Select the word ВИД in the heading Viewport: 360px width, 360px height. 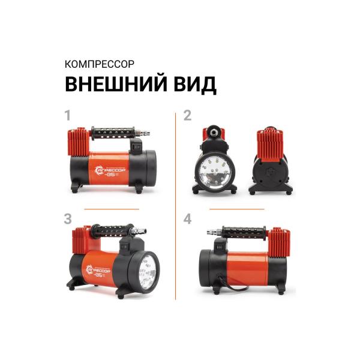click(193, 84)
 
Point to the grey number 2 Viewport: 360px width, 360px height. click(187, 116)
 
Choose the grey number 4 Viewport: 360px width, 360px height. click(187, 219)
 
